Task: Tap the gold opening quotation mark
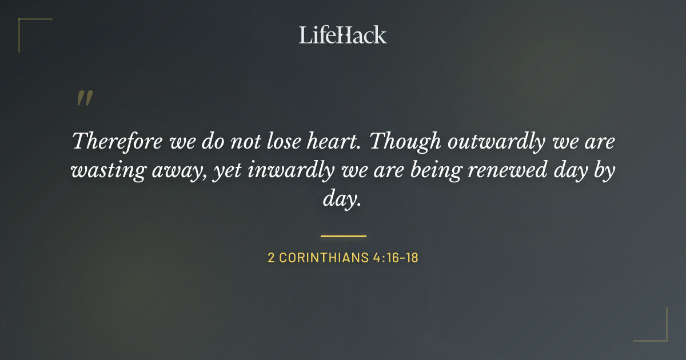coord(84,98)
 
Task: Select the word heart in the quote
coord(336,141)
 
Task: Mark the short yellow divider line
coord(343,235)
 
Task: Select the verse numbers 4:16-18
coord(396,258)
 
